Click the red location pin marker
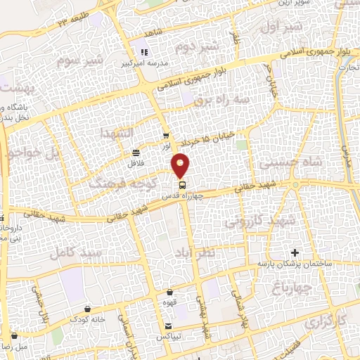181,165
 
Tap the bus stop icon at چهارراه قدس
182,185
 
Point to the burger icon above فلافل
135,153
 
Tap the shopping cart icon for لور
166,136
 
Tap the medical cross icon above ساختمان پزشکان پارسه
294,252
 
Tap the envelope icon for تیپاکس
169,325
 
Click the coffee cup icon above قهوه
169,292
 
